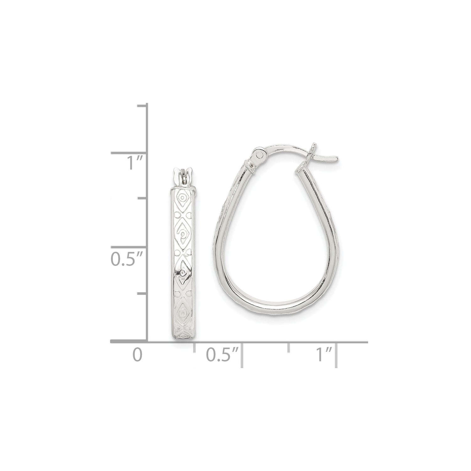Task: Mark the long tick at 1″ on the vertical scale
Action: [129, 153]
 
